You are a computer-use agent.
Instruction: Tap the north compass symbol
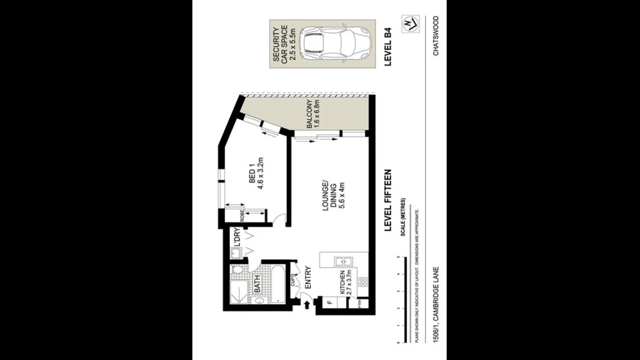point(410,23)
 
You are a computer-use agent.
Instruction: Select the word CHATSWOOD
point(436,36)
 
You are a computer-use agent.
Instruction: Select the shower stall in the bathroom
point(237,292)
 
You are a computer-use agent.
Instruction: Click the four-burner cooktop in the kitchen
point(363,282)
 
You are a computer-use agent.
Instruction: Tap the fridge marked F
point(329,303)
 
